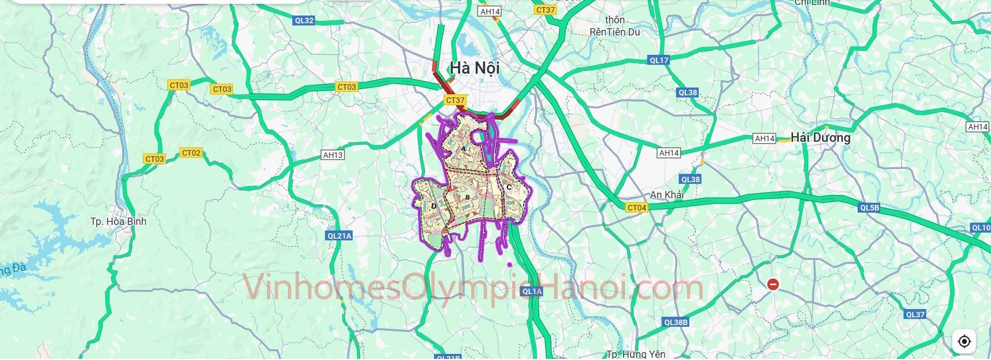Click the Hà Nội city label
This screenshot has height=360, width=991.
[x=474, y=68]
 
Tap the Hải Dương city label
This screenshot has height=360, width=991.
[x=820, y=137]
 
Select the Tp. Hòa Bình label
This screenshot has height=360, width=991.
[x=118, y=222]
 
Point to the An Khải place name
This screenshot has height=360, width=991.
[x=667, y=195]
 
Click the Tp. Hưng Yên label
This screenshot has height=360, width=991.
[x=636, y=354]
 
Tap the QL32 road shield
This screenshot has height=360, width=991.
[x=304, y=20]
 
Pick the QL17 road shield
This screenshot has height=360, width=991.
[x=659, y=60]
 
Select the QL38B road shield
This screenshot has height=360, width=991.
[x=675, y=322]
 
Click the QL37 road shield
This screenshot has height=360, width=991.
[x=915, y=315]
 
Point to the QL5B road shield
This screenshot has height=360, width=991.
[x=870, y=208]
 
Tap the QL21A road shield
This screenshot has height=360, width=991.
[x=339, y=236]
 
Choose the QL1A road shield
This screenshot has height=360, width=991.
[x=531, y=291]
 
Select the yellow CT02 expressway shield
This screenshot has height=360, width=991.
[x=191, y=153]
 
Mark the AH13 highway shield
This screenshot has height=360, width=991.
[x=333, y=155]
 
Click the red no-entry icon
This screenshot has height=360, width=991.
[x=773, y=285]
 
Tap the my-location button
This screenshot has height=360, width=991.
[x=964, y=341]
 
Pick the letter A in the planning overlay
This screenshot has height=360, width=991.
[x=463, y=149]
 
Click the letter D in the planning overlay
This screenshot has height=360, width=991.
[x=433, y=207]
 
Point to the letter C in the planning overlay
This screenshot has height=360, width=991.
[x=509, y=187]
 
